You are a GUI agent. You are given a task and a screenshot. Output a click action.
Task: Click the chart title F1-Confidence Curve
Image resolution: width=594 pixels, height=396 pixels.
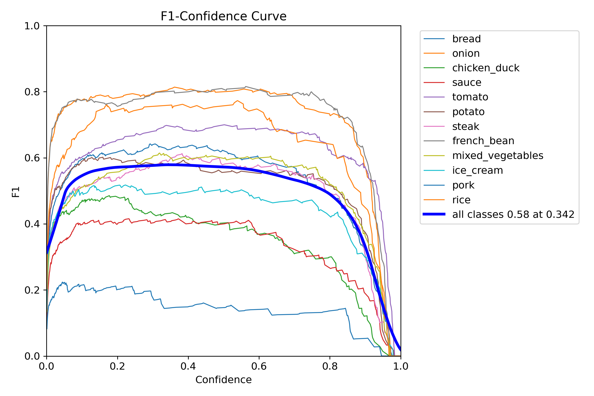point(223,16)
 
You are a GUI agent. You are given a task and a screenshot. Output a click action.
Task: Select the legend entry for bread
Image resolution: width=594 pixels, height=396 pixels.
point(466,39)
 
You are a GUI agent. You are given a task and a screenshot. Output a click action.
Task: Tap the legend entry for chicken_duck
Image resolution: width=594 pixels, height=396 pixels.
point(485,68)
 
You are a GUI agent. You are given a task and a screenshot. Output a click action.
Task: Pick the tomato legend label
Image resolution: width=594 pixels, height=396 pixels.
point(470,97)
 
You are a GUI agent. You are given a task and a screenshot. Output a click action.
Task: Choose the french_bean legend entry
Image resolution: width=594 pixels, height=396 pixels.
point(483,141)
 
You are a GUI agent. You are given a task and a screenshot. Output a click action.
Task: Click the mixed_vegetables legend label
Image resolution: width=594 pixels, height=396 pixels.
point(497,156)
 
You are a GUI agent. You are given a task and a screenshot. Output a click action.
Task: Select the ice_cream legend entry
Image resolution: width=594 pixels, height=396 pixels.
point(477,171)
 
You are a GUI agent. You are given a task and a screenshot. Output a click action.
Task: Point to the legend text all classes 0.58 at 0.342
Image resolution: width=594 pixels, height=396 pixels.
point(513,214)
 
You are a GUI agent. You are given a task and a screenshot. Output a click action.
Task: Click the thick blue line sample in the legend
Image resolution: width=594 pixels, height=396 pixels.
point(434,214)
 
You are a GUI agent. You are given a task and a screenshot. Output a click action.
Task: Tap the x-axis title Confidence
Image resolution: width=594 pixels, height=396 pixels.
point(223,380)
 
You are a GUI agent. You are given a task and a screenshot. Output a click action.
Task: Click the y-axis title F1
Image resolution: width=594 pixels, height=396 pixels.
point(16,192)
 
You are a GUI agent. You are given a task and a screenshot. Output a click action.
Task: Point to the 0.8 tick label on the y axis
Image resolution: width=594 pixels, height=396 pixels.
point(32,92)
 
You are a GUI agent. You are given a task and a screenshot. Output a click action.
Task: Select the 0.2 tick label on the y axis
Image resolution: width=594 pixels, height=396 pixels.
point(32,290)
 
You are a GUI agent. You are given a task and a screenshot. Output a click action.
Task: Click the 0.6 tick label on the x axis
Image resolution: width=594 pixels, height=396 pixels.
point(259,366)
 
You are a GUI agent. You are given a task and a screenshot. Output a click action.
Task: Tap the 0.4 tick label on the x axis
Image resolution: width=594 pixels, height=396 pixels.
point(188,366)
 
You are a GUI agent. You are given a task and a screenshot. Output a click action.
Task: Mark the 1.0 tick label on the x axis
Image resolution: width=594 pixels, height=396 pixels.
point(400,366)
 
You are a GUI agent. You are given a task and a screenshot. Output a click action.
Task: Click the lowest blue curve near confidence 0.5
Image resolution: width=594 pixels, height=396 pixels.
point(224,308)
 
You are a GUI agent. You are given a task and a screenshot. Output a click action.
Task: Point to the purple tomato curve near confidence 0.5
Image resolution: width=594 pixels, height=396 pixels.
point(224,125)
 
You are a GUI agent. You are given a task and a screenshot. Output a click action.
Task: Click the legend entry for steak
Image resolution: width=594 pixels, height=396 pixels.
point(465,126)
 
